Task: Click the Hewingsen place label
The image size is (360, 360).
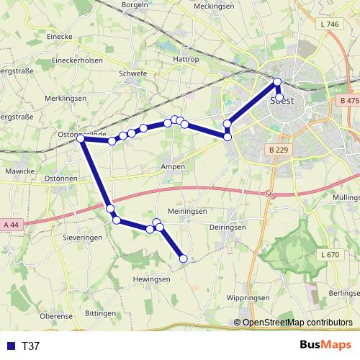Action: point(151,279)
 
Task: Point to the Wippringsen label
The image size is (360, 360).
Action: point(247,297)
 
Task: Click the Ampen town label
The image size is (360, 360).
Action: point(174,166)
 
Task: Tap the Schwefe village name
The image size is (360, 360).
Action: point(132,73)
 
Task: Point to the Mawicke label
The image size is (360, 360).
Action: point(19,171)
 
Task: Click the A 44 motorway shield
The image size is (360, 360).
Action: point(10,225)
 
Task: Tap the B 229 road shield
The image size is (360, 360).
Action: point(277,149)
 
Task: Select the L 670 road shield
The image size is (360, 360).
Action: point(328,255)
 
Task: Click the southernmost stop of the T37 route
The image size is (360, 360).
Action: point(183,258)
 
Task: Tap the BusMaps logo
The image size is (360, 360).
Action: point(325,346)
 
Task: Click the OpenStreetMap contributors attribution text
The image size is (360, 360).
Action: point(297,323)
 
